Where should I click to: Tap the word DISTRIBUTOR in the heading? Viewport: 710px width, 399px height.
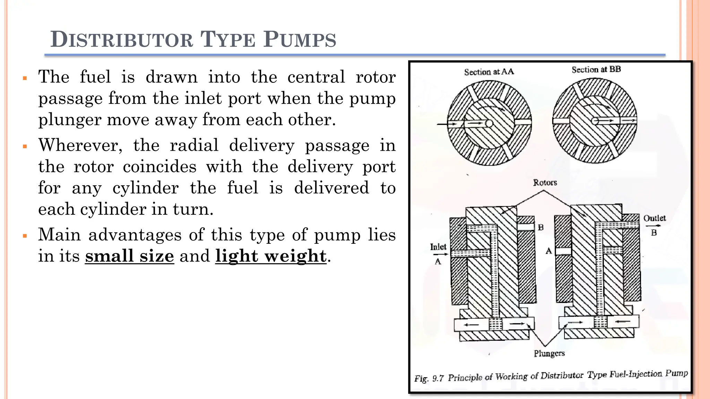click(122, 39)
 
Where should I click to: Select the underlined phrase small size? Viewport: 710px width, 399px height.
click(129, 256)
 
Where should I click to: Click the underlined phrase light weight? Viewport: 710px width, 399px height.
click(271, 256)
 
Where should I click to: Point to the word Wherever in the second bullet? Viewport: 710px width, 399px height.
click(80, 145)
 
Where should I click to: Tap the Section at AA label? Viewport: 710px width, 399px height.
click(489, 72)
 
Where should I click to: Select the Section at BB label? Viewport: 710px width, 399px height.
click(596, 69)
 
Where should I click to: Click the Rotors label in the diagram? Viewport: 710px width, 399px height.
click(545, 183)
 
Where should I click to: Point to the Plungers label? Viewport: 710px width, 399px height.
click(549, 353)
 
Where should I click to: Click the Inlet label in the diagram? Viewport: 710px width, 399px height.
click(438, 247)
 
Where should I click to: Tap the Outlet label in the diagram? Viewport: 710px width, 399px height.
click(654, 218)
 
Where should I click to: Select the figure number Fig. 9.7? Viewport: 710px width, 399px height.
click(429, 378)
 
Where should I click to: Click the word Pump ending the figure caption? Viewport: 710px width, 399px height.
click(676, 373)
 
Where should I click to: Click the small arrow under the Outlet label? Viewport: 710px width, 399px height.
click(653, 226)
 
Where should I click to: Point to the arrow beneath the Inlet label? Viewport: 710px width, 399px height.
click(440, 255)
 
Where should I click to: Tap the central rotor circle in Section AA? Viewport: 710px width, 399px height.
click(489, 124)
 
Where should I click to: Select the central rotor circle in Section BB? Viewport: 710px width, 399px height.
click(595, 121)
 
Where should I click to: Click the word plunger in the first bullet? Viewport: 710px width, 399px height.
click(69, 120)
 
